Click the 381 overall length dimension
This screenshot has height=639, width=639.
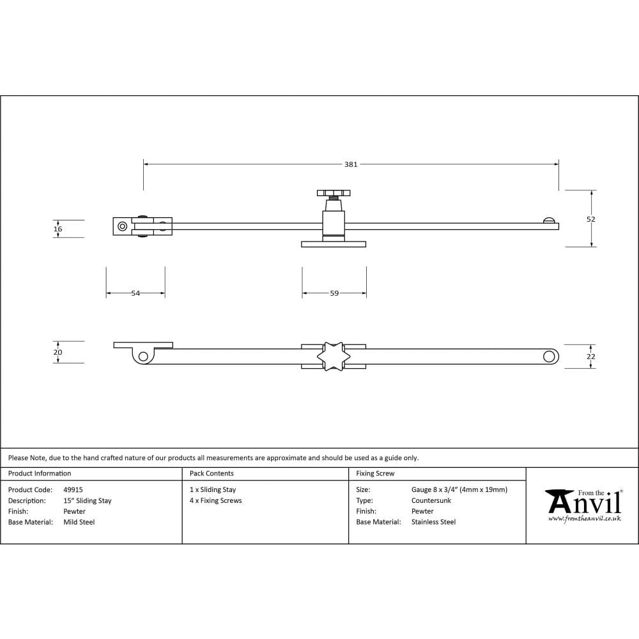(350, 164)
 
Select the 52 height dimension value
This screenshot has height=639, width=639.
(591, 219)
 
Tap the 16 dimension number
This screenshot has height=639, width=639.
(58, 229)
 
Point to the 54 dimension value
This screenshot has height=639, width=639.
(135, 293)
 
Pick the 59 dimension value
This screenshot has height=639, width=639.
(334, 293)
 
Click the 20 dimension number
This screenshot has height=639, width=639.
(58, 353)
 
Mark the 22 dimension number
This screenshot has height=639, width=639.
(591, 357)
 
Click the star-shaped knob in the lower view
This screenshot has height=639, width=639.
(334, 357)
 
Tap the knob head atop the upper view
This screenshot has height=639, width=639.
(334, 193)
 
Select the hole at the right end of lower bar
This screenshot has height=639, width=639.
(549, 357)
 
